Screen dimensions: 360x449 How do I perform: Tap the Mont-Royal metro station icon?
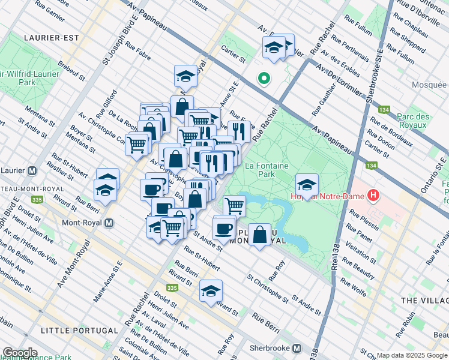(109, 223)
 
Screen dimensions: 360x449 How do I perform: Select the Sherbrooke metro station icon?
(297, 349)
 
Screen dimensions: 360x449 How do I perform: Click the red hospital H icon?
(375, 195)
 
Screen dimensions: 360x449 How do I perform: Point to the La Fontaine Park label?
(267, 170)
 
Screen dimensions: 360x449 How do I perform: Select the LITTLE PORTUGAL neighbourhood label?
(79, 331)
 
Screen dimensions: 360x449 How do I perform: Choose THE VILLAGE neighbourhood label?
(424, 299)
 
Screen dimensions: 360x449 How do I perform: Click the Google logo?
(20, 353)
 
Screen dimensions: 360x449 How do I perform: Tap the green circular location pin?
(263, 78)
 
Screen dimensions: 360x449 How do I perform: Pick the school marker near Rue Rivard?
(211, 290)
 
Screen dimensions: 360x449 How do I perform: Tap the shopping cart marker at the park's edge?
(234, 205)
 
